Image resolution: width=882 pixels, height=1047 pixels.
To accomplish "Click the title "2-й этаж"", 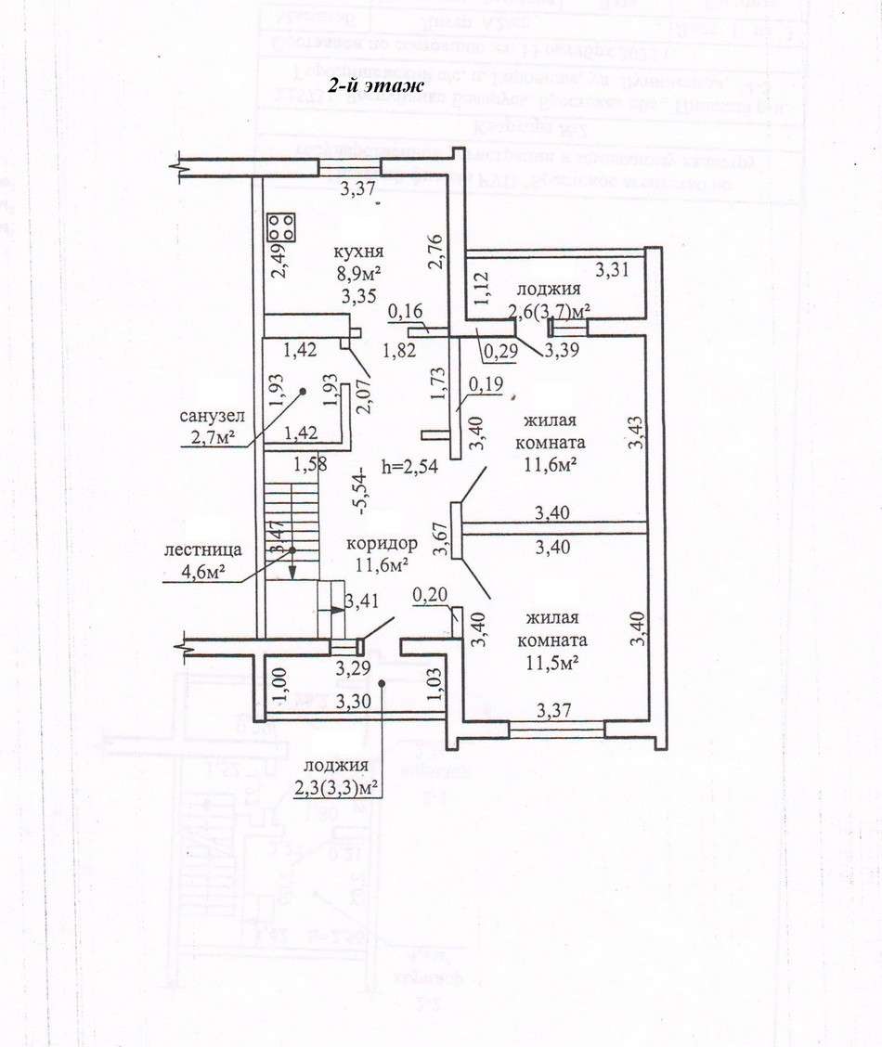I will click(374, 85).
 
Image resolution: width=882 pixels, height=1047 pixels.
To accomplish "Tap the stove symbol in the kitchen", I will click(282, 226).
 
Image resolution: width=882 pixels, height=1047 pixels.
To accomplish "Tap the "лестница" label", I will click(204, 549).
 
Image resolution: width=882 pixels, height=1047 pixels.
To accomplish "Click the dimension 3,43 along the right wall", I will click(636, 433).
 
